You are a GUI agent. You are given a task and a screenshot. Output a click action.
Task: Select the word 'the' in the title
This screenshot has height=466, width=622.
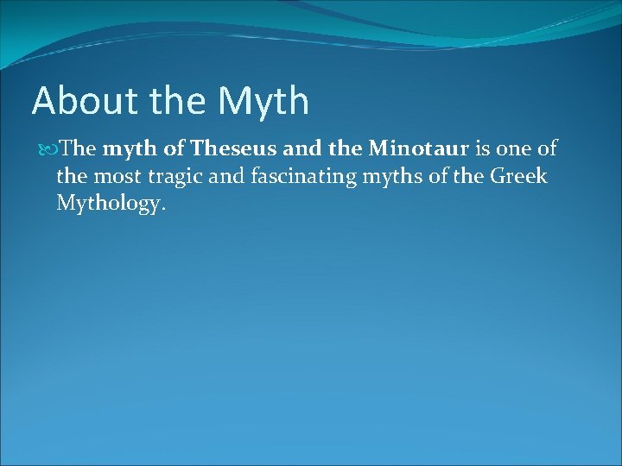[178, 102]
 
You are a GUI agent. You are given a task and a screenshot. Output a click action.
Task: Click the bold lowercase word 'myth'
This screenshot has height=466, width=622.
[130, 149]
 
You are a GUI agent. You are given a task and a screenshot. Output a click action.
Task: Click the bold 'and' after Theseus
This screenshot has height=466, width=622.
[301, 149]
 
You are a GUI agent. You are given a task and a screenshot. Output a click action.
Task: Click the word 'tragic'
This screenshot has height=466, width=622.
[176, 177]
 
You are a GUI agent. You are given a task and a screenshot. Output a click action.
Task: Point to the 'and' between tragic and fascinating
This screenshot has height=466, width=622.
[229, 177]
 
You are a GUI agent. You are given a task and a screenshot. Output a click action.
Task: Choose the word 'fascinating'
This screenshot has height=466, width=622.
[305, 177]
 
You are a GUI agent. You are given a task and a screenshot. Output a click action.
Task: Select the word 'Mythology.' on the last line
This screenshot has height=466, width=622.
[111, 205]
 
